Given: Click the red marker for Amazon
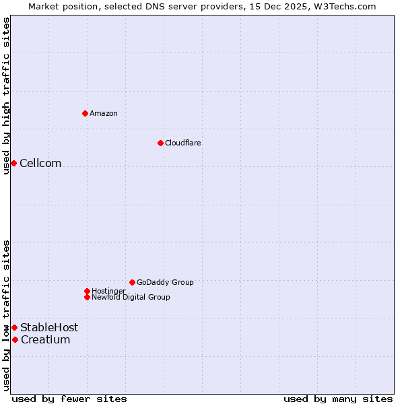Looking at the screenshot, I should coord(85,113).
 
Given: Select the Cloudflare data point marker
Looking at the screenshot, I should coord(160,143).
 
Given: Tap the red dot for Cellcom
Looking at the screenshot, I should coord(13,163).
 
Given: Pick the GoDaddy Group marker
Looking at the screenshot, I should coord(132,282).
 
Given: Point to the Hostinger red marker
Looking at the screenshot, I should coord(87,291).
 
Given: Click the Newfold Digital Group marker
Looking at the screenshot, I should coord(87,297).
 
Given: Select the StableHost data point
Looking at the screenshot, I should coord(14,327).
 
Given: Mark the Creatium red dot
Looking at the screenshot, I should coord(15,339).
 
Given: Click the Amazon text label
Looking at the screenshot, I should coord(104,113).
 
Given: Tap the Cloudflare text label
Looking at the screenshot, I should coord(183,143).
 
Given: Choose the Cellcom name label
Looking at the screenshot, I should coord(40,163).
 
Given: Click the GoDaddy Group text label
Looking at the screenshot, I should coord(165,282).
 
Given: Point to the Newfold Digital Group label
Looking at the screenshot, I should coord(131,297).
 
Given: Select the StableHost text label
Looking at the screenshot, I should coord(49,327).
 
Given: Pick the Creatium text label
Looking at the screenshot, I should coord(45,339).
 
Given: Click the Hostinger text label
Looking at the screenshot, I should coord(108,291).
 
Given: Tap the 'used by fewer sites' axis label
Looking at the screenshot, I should coord(69,399).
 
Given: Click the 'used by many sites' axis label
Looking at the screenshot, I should coord(338,399).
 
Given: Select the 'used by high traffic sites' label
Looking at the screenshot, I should coord(6,96).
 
